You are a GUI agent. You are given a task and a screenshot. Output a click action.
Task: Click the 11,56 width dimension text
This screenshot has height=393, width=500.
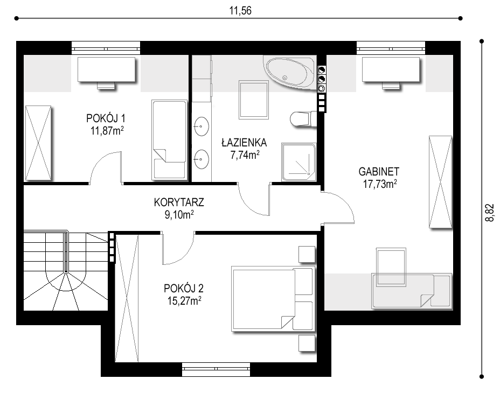point(240,11)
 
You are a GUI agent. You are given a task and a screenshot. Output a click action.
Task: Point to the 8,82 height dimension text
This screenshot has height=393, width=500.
point(489,213)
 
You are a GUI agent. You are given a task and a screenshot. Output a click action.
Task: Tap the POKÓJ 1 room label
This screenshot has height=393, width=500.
point(106,118)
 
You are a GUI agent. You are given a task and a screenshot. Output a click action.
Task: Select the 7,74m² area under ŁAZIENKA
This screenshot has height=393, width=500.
point(245,155)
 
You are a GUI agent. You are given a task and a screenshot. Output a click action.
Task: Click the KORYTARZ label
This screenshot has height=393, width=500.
point(179,202)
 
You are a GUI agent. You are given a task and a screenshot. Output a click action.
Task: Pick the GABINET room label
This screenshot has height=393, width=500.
point(379,172)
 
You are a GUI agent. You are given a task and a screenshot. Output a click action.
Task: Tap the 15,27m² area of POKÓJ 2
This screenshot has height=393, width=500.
point(184,300)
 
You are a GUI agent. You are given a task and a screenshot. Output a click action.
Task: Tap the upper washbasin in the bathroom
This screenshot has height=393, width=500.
point(201,126)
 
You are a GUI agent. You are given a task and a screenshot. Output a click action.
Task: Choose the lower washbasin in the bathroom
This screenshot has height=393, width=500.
point(201,159)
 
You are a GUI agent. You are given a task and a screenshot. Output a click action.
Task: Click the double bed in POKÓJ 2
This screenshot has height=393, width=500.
point(273,299)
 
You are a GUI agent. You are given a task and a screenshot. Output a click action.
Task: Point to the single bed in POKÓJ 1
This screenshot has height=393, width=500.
point(169,139)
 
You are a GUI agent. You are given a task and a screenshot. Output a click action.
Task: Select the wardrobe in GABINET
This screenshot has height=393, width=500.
point(440,181)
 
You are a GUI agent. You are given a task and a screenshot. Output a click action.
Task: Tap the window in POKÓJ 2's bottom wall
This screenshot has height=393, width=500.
point(216,369)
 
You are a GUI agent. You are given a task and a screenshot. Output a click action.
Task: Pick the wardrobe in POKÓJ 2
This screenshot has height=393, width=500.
point(127,298)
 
